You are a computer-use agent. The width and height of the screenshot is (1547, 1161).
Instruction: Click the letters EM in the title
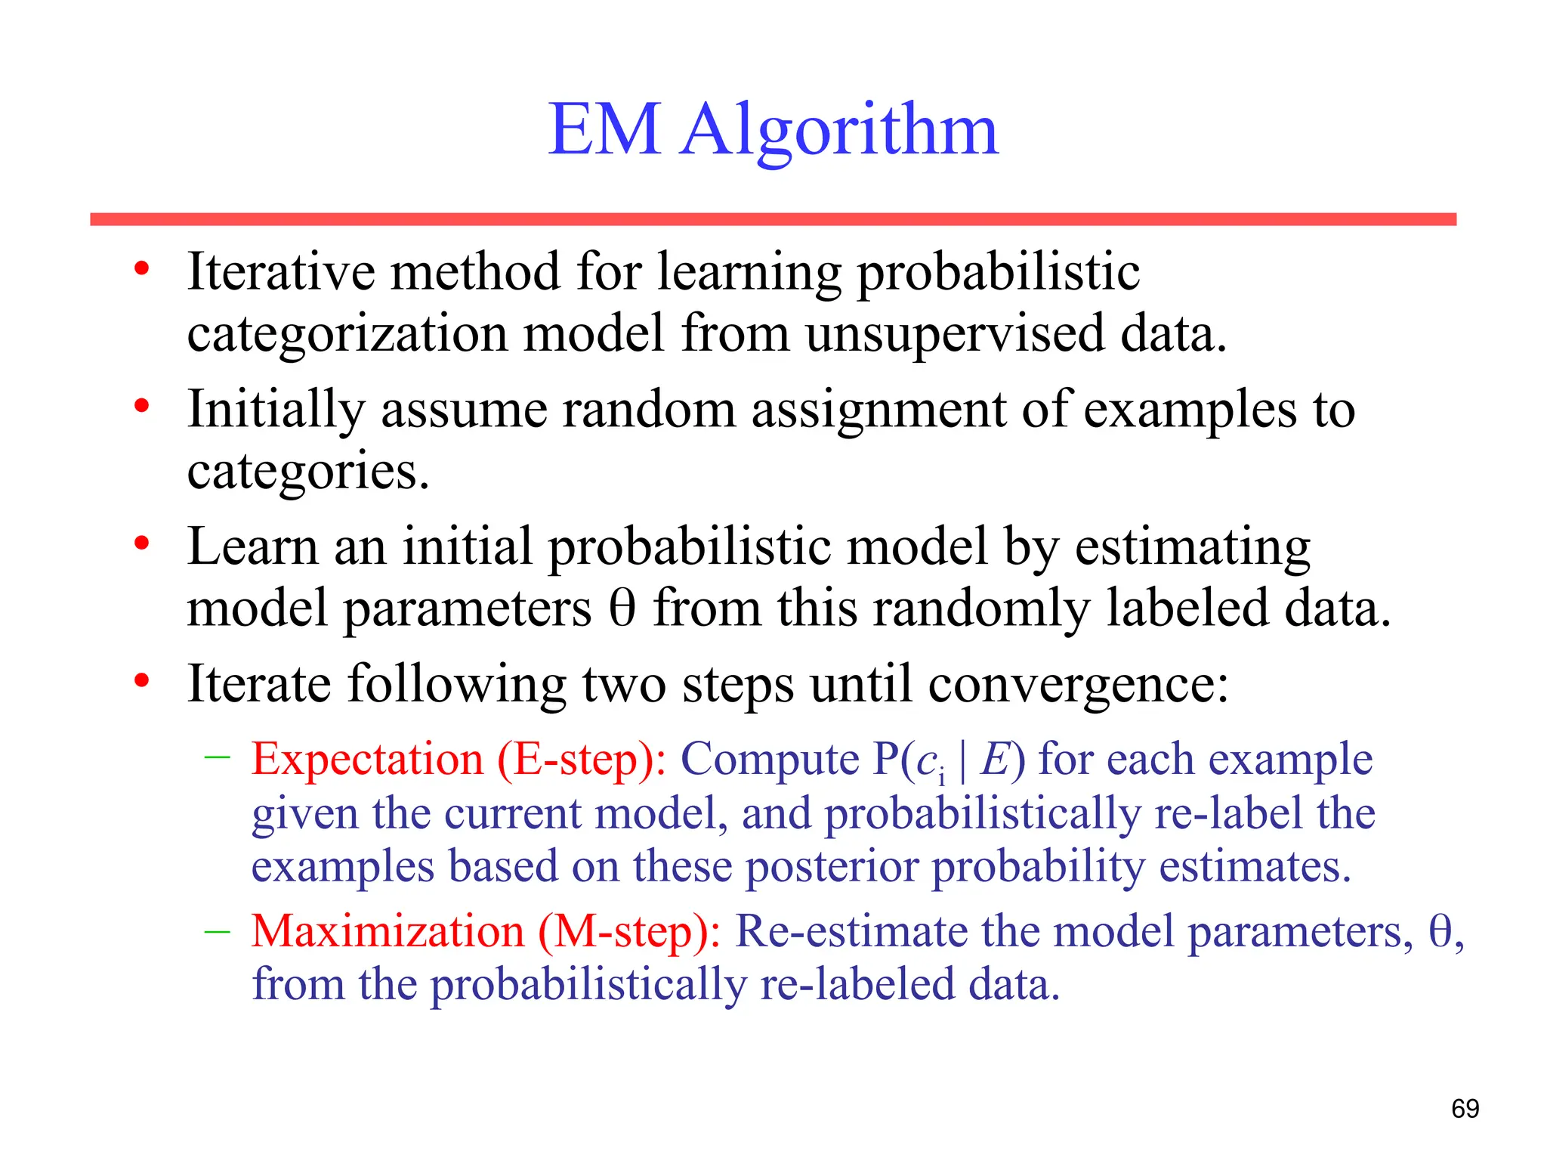tap(604, 130)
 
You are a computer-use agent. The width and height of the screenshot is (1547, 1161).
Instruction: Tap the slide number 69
tap(1465, 1109)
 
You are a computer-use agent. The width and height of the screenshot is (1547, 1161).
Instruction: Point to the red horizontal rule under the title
tap(773, 219)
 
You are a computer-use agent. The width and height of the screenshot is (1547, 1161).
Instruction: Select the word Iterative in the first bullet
tap(281, 271)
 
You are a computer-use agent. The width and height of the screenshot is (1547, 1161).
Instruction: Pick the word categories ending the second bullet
tap(307, 472)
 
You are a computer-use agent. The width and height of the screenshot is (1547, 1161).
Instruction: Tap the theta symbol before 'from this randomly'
tap(622, 608)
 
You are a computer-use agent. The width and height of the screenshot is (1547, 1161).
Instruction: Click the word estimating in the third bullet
tap(1193, 546)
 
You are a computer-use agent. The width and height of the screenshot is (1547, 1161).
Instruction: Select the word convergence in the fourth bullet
tap(1077, 685)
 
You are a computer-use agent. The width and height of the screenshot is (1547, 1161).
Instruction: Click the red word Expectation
tap(367, 759)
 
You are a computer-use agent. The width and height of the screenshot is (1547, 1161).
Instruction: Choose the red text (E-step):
tap(582, 760)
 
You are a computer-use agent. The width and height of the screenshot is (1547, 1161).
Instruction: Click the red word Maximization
tap(388, 931)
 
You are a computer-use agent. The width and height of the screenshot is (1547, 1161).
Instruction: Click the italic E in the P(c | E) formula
tap(994, 759)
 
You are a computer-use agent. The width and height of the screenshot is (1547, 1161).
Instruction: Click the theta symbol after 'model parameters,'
tap(1440, 931)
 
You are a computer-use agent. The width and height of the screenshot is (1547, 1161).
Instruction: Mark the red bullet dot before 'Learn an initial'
tap(141, 543)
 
